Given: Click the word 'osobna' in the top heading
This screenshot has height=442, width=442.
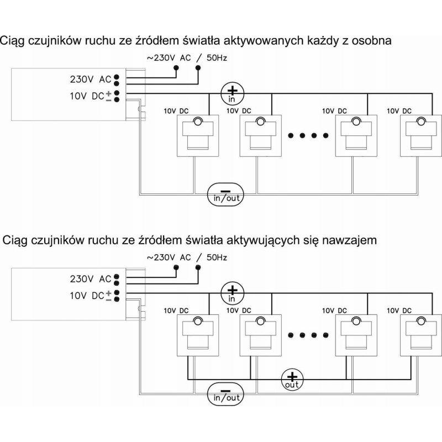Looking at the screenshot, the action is coord(371,40).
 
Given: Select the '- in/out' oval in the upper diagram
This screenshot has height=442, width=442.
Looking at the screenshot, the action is coord(225,195).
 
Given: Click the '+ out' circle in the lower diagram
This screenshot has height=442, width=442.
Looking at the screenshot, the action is coord(292,380).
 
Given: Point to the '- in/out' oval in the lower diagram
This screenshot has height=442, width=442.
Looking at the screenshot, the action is coord(225,394).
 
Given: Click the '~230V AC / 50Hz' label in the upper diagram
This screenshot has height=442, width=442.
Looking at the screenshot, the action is coord(187,58).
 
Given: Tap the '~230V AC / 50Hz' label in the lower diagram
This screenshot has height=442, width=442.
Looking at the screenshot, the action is coord(187,257).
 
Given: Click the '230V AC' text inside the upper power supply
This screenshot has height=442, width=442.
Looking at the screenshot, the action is coord(91,80).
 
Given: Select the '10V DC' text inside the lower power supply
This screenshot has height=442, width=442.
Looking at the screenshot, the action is coord(87,296).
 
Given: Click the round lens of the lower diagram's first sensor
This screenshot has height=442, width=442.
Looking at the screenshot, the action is coord(198,321).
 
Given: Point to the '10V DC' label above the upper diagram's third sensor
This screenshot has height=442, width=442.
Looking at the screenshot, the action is coord(334,111).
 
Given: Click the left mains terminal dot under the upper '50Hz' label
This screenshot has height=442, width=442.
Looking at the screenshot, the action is coord(176,67).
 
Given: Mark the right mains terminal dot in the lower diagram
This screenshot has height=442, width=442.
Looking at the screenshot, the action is coord(198,267).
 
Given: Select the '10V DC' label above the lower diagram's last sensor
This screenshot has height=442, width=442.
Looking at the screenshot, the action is coord(399,311).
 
